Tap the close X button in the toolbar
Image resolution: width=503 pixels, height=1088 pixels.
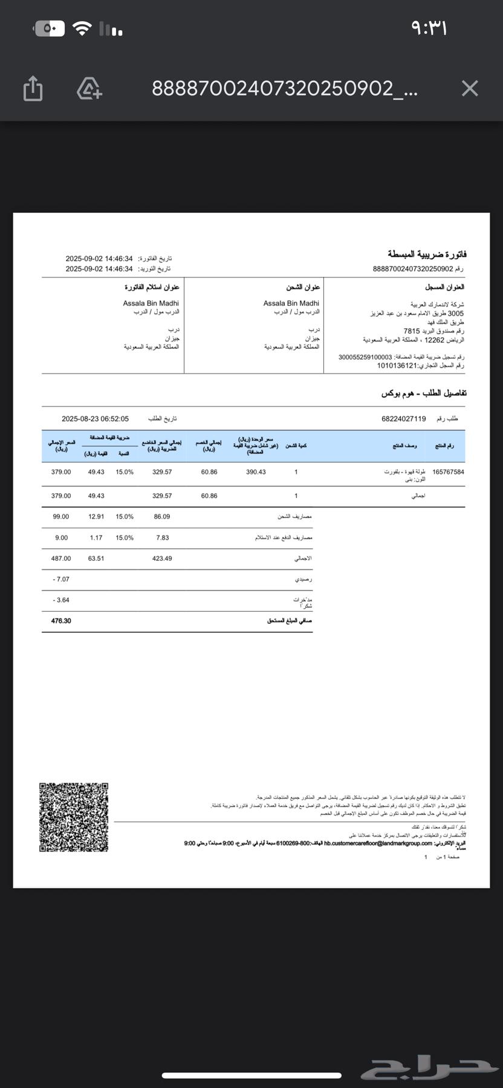click(470, 89)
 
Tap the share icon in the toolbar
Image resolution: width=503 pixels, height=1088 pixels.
click(33, 88)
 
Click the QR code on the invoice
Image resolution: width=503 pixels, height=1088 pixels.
click(74, 817)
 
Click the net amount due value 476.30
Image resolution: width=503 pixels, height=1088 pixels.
click(61, 621)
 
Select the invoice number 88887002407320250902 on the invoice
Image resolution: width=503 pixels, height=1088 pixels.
click(413, 269)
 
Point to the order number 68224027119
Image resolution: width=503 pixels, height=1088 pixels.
click(404, 419)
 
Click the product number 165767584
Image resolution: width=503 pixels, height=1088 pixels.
click(449, 472)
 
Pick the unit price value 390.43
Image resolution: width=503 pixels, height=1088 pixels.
click(256, 472)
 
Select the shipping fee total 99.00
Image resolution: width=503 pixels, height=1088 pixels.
click(61, 517)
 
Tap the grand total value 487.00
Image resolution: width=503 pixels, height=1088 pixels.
click(61, 559)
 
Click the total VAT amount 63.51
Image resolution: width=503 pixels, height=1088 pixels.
click(96, 559)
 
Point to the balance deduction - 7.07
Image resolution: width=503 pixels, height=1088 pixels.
click(61, 579)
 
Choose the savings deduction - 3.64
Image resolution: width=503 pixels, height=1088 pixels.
click(61, 600)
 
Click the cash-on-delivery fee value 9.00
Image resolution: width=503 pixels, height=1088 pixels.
click(61, 537)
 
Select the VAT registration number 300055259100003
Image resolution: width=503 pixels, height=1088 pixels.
click(365, 357)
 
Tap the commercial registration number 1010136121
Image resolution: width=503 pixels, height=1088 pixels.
click(397, 366)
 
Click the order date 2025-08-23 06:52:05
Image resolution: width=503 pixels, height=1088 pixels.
click(95, 419)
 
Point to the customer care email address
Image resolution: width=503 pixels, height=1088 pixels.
click(378, 843)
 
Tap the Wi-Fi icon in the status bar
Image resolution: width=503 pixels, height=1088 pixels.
click(82, 28)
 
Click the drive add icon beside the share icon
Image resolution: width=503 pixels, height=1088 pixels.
click(89, 88)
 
